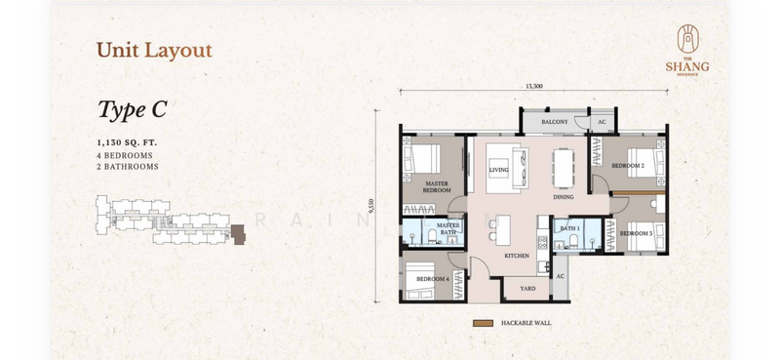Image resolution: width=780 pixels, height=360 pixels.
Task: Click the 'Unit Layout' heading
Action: click(154, 49)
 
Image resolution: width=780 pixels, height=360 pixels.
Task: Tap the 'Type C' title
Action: click(133, 109)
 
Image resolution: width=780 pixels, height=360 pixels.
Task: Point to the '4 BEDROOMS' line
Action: click(124, 155)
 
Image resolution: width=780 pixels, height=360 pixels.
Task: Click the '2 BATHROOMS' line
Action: click(127, 167)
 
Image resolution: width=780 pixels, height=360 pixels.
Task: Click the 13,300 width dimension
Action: click(533, 86)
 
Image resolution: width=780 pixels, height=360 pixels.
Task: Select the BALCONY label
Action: click(555, 122)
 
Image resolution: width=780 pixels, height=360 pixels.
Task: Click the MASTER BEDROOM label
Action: click(437, 185)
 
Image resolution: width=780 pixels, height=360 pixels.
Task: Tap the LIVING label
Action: click(499, 169)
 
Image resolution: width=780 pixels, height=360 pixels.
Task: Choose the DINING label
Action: click(564, 196)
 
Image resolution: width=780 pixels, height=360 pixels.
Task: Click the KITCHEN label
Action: click(517, 255)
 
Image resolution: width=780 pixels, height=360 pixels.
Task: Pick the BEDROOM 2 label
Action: click(627, 166)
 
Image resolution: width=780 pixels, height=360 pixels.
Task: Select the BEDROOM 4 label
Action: click(432, 279)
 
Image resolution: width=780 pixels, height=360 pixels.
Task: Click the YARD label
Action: click(527, 289)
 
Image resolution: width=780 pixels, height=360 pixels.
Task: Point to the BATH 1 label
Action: click(570, 228)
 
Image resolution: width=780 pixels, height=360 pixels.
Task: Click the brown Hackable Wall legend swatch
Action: click(481, 323)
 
